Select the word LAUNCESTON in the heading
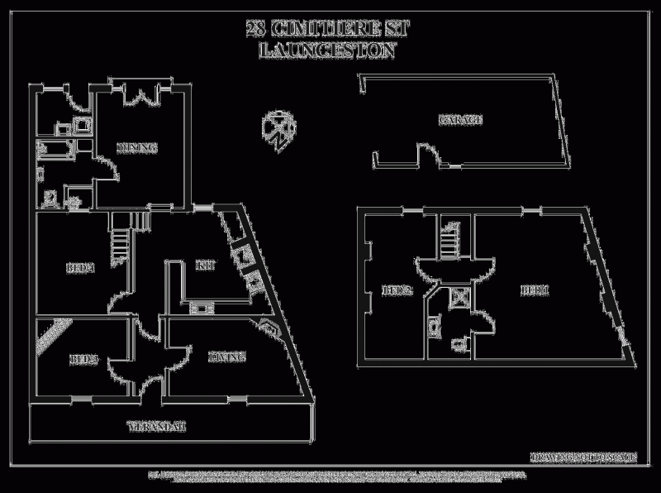(x=329, y=50)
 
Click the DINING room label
(x=137, y=148)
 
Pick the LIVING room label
(x=226, y=357)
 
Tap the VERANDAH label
(x=157, y=428)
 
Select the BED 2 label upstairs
(x=397, y=290)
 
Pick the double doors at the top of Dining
(x=138, y=95)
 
